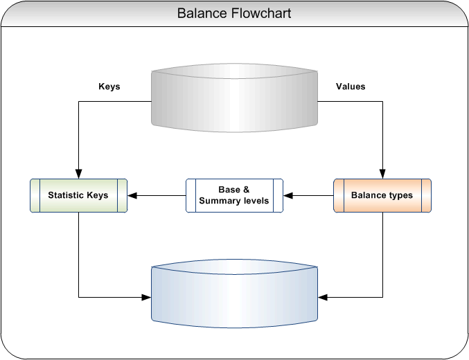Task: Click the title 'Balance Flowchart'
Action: (234, 13)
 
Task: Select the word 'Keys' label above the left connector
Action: (109, 87)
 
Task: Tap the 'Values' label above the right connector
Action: (351, 87)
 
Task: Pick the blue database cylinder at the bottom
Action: (235, 296)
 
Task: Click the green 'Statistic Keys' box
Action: (78, 195)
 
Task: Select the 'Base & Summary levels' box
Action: (234, 195)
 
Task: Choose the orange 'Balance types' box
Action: (382, 195)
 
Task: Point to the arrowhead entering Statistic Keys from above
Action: (78, 174)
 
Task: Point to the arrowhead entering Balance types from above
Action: (382, 174)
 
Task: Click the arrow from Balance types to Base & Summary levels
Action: (308, 195)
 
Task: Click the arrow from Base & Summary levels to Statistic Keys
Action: (156, 195)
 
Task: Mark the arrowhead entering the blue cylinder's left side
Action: (146, 298)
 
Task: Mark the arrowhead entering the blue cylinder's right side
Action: (324, 298)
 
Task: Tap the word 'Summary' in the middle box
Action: (220, 201)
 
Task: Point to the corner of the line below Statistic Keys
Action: (78, 298)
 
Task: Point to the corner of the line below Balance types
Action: (382, 298)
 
